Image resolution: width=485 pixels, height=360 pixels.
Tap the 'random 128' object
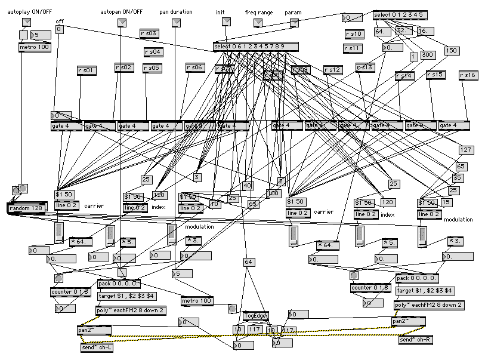click(26, 207)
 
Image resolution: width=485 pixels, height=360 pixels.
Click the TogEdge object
click(257, 316)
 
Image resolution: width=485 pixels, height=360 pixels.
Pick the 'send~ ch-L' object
click(96, 347)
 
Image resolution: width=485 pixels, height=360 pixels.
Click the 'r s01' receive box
click(87, 70)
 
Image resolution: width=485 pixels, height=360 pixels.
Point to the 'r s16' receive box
click(468, 75)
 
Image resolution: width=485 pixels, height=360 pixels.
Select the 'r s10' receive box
click(353, 34)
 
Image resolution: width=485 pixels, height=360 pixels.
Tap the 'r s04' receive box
click(153, 52)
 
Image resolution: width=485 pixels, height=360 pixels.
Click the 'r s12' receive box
click(333, 70)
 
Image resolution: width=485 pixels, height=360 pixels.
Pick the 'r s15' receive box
click(435, 75)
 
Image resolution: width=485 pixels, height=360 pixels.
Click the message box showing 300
click(427, 55)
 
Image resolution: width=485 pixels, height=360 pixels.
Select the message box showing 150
click(450, 51)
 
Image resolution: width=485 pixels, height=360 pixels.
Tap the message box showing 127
click(466, 149)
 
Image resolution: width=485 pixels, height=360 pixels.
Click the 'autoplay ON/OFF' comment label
click(33, 11)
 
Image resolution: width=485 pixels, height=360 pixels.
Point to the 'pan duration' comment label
click(176, 11)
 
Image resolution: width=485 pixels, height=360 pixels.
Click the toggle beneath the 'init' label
click(226, 22)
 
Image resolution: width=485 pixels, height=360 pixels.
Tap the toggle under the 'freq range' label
click(258, 23)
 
